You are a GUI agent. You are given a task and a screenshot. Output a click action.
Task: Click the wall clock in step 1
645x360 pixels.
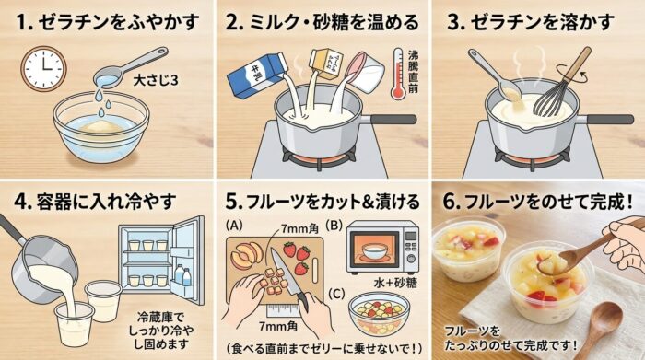[43, 68]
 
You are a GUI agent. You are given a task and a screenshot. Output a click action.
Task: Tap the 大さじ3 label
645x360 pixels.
[156, 80]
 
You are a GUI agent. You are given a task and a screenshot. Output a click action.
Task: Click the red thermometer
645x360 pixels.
[398, 75]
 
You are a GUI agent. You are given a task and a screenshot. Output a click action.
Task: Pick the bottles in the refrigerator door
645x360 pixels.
[182, 275]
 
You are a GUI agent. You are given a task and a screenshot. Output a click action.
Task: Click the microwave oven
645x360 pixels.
[382, 248]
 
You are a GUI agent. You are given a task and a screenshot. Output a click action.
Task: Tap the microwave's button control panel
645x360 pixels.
[411, 247]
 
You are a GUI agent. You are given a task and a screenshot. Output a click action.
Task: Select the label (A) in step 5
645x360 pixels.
[234, 226]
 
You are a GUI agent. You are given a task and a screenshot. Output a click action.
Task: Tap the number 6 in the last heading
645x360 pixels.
[449, 202]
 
